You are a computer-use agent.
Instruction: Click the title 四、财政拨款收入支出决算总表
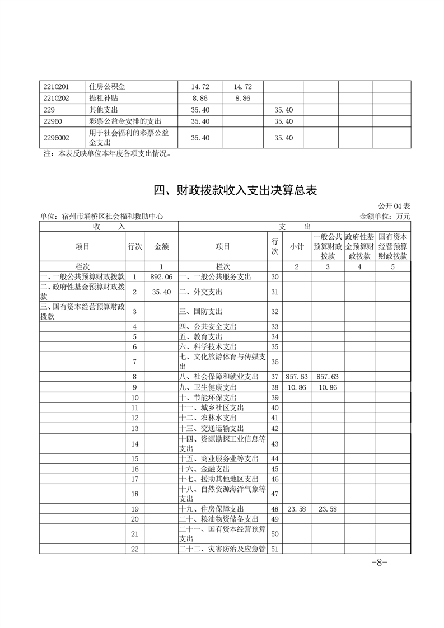click(x=235, y=191)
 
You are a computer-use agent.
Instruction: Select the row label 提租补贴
click(x=103, y=98)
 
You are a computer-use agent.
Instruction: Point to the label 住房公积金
click(x=107, y=87)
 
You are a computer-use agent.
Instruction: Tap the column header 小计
click(x=296, y=246)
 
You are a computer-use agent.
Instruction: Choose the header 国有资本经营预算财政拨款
click(x=392, y=246)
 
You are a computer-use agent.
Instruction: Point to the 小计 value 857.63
click(x=296, y=377)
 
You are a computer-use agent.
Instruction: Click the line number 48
click(x=274, y=509)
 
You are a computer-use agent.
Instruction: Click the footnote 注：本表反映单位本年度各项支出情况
click(x=108, y=153)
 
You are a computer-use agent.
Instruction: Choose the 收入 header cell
click(x=109, y=226)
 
